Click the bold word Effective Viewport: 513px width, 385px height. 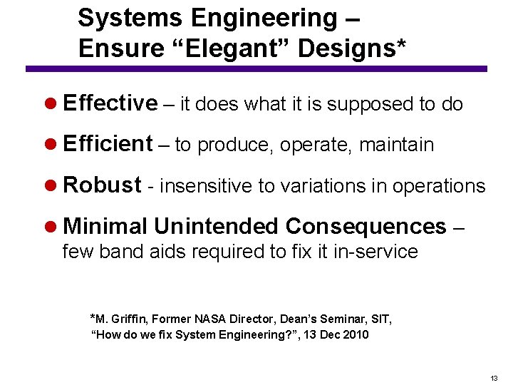[x=110, y=103]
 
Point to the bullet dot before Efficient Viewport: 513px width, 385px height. [x=52, y=145]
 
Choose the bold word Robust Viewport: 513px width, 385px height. [x=102, y=185]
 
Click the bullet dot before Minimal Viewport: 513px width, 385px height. [x=52, y=227]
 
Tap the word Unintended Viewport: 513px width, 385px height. [x=216, y=227]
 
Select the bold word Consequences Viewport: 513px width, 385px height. [x=366, y=227]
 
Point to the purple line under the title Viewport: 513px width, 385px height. [x=256, y=68]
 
